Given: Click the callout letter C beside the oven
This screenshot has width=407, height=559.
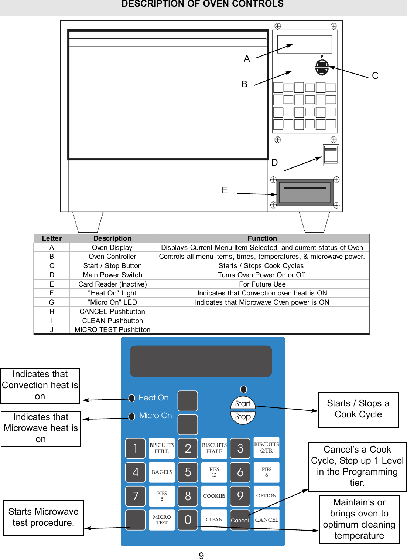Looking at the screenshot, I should (375, 76).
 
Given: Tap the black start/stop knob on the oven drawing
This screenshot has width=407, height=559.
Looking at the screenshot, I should (322, 67).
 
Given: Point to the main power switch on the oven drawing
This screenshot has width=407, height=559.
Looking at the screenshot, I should (331, 155).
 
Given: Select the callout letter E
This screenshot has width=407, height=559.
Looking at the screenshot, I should (225, 190).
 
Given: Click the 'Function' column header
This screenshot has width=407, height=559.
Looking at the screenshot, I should (262, 238).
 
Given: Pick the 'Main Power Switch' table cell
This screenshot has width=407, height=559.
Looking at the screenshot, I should (112, 275).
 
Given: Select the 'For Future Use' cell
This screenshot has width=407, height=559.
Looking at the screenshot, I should (262, 284).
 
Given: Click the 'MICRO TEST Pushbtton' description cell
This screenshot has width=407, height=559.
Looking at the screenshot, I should (112, 330).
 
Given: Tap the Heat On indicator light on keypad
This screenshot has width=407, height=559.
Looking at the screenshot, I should (131, 398).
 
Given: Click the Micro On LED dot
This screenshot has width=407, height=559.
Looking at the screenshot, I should (131, 416).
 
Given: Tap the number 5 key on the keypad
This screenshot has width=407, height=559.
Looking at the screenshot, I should (188, 472).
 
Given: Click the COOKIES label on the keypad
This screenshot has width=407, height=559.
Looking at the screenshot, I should (214, 496).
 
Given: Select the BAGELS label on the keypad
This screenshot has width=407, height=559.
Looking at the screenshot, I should (162, 472).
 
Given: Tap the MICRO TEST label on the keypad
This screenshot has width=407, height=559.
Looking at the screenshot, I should (162, 520).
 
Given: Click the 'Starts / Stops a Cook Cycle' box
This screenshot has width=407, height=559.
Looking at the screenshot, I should (358, 410).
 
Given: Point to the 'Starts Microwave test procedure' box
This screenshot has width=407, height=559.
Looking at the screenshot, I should (44, 518).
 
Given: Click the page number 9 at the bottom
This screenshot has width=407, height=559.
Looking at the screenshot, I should (201, 555).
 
